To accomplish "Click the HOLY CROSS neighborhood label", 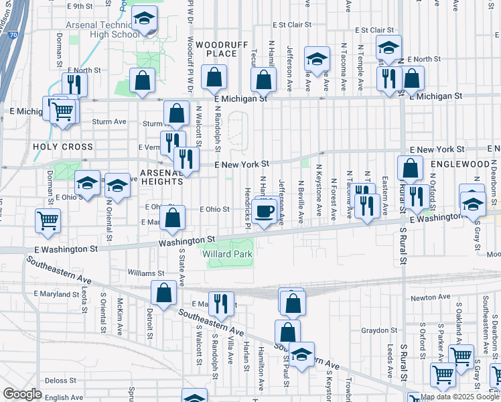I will click(53, 146).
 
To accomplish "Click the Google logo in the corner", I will click(22, 394).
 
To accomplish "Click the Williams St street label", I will click(147, 273).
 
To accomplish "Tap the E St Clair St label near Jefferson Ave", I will click(292, 24).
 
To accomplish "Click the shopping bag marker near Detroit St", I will click(164, 292).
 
